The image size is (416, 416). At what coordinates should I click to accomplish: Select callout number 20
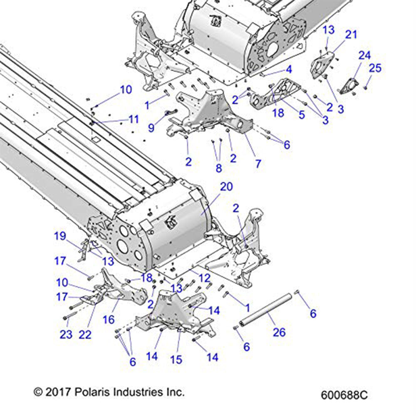pyautogui.click(x=226, y=187)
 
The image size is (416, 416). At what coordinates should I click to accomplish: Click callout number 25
pyautogui.click(x=375, y=68)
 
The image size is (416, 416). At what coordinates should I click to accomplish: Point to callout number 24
pyautogui.click(x=364, y=55)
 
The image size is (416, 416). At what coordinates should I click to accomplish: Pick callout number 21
pyautogui.click(x=351, y=35)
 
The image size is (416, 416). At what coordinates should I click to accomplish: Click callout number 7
pyautogui.click(x=258, y=163)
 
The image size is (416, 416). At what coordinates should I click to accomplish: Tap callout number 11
pyautogui.click(x=133, y=120)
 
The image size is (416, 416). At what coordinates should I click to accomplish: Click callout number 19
pyautogui.click(x=60, y=237)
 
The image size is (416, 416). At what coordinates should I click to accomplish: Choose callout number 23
pyautogui.click(x=66, y=334)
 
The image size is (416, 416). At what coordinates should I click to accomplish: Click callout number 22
pyautogui.click(x=85, y=334)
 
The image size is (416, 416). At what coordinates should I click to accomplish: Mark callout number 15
pyautogui.click(x=176, y=359)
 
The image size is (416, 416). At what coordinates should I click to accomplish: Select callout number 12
pyautogui.click(x=204, y=278)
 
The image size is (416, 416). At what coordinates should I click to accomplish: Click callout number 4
pyautogui.click(x=288, y=69)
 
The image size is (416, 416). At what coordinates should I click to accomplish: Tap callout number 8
pyautogui.click(x=219, y=168)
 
